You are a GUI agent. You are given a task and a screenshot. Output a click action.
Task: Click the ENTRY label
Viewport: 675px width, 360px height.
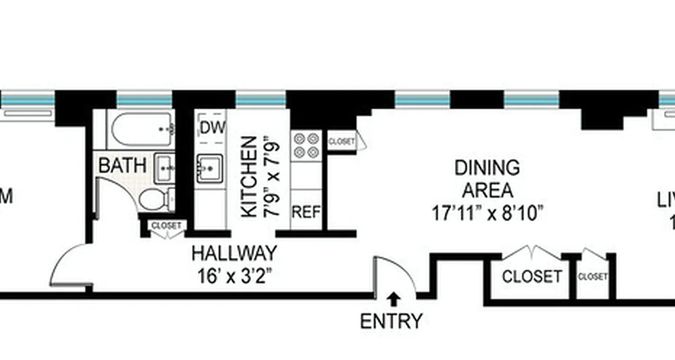(x=391, y=321)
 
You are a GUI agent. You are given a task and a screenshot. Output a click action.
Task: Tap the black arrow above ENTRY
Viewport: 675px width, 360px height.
(x=394, y=297)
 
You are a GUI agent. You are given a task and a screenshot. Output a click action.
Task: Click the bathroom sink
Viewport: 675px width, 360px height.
(x=165, y=168)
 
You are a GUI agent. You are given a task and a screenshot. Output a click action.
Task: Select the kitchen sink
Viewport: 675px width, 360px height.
(x=209, y=168)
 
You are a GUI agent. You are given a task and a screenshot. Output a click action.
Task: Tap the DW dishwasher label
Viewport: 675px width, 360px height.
(x=212, y=128)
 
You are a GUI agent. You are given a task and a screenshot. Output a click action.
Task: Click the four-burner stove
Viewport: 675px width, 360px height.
(x=306, y=145)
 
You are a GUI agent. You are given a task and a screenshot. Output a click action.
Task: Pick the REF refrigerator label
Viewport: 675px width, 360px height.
(x=306, y=212)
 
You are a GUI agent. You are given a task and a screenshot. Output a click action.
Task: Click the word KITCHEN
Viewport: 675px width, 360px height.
(x=249, y=177)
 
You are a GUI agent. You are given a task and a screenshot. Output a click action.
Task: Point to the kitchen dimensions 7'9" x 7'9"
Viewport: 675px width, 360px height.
(x=273, y=177)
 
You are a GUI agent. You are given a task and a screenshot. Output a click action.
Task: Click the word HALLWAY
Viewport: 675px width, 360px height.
(x=234, y=253)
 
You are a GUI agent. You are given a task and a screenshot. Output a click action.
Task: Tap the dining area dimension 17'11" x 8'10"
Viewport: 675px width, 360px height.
(x=486, y=213)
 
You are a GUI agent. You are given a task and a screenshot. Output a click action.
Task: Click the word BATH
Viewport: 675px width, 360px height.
(x=122, y=166)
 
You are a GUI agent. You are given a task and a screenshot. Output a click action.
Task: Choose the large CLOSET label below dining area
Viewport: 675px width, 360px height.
(x=532, y=276)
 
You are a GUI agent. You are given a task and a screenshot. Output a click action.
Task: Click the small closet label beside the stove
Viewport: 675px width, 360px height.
(x=342, y=142)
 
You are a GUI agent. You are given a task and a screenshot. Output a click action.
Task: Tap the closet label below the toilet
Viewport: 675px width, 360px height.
(x=167, y=225)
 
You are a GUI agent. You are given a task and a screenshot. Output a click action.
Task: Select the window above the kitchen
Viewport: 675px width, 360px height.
(x=261, y=99)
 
